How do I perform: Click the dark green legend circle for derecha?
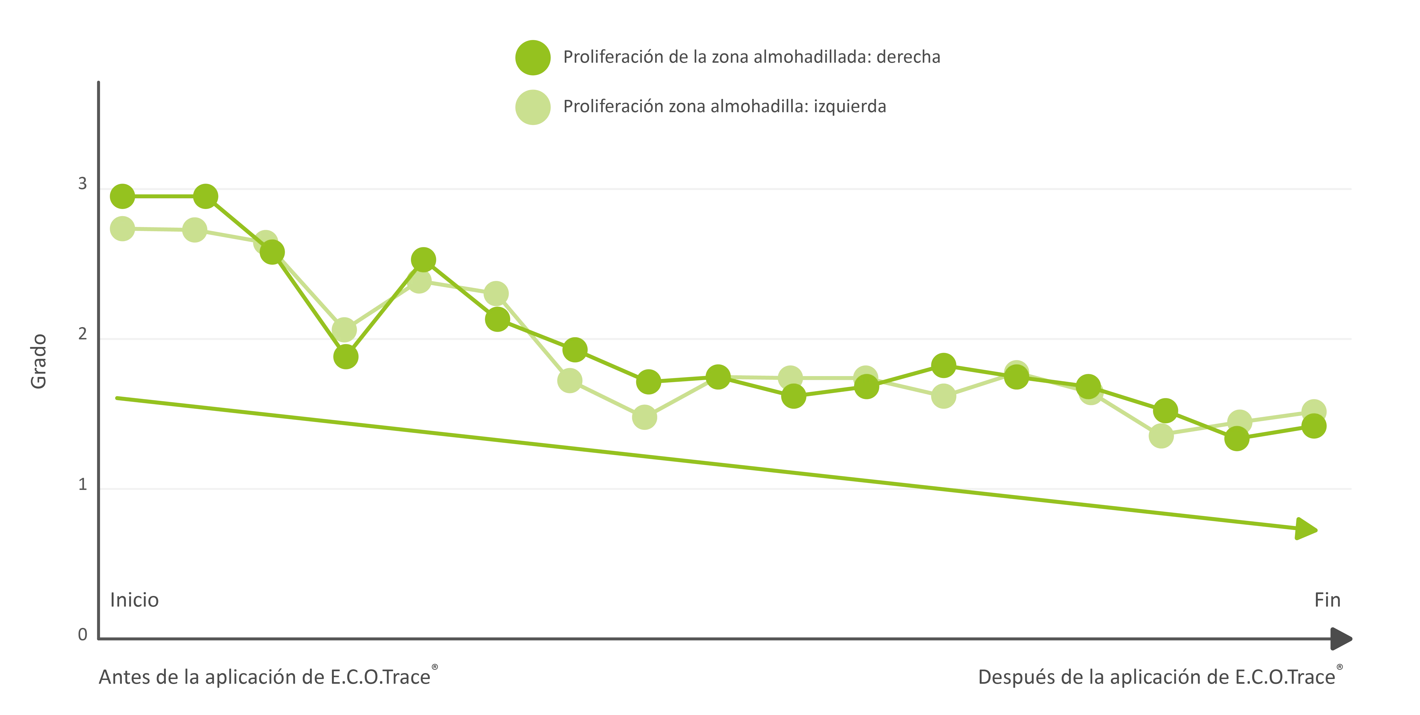click(x=533, y=57)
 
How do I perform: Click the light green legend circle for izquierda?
click(x=533, y=107)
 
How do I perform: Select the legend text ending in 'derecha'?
click(x=751, y=57)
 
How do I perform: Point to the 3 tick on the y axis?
click(x=83, y=184)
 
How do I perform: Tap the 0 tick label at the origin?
click(x=83, y=635)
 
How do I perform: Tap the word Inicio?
click(x=135, y=600)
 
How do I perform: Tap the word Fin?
click(x=1327, y=600)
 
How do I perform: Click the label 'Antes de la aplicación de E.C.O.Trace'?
click(x=265, y=677)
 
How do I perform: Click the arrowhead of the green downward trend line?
click(x=1306, y=529)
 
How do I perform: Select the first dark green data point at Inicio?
click(x=122, y=196)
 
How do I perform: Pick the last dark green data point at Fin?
click(x=1314, y=426)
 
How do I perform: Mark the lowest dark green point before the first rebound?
click(x=346, y=357)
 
